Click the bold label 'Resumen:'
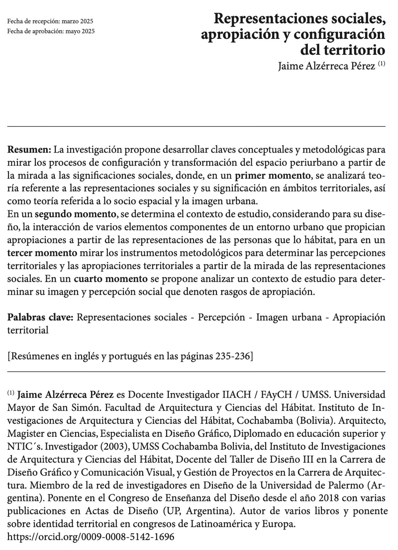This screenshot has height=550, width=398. (x=30, y=150)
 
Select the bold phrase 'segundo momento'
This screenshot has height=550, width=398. (x=76, y=214)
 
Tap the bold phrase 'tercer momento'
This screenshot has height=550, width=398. (x=42, y=253)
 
